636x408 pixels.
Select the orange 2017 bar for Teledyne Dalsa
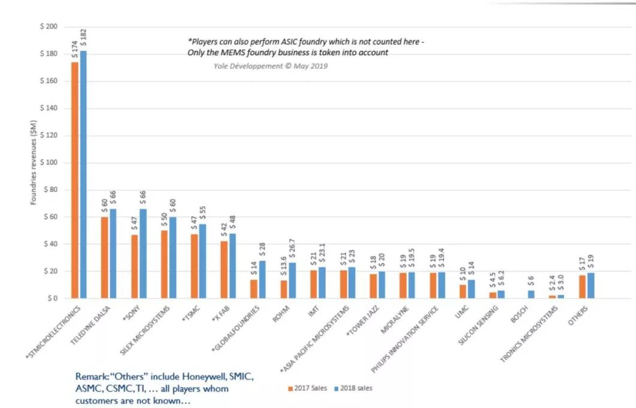[x=104, y=257]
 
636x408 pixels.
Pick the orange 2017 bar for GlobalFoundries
[x=254, y=289]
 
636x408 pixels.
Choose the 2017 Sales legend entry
[x=307, y=388]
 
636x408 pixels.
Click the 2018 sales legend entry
[x=354, y=388]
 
